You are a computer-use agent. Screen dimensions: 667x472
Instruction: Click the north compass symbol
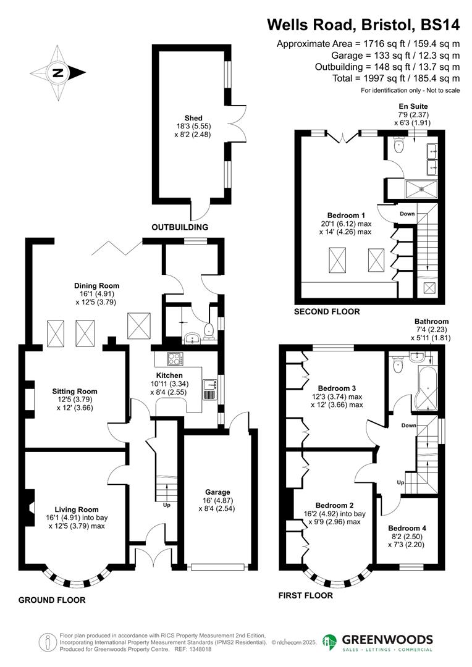click(x=57, y=73)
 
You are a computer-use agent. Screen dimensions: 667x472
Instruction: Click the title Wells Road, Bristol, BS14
click(x=363, y=25)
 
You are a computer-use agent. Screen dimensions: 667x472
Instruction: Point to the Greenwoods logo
click(x=377, y=642)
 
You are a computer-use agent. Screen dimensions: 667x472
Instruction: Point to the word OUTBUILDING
click(x=180, y=227)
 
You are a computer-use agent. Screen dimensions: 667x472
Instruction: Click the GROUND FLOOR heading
click(x=52, y=600)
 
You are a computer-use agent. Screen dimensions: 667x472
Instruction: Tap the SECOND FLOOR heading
click(x=327, y=312)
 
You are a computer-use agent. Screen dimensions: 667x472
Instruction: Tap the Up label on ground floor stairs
click(x=166, y=505)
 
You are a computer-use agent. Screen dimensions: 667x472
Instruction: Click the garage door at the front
click(x=219, y=566)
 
